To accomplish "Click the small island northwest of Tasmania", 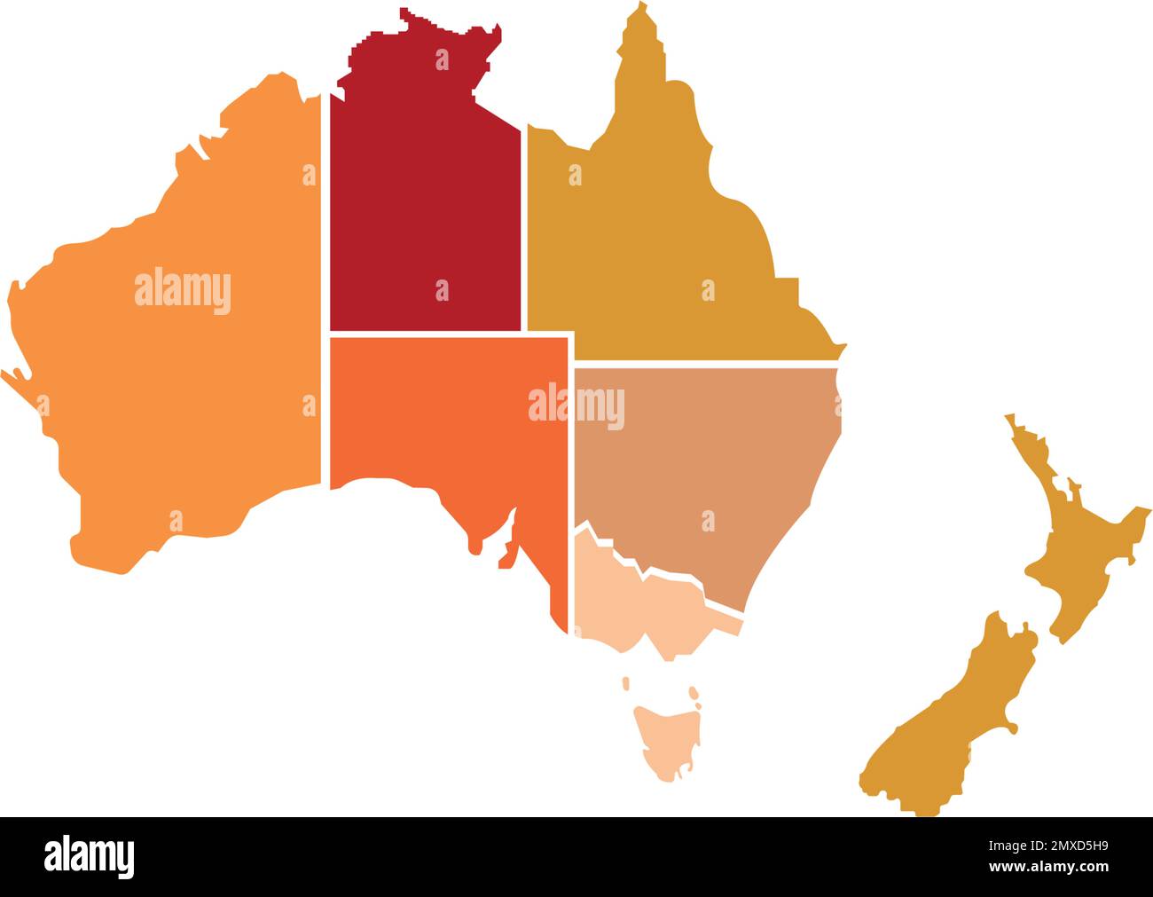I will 626,683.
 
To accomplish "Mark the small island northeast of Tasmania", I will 694,691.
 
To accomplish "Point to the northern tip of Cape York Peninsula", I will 637,11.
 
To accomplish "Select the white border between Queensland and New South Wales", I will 710,363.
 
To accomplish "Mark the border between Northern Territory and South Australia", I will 426,334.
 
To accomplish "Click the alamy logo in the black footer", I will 90,856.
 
